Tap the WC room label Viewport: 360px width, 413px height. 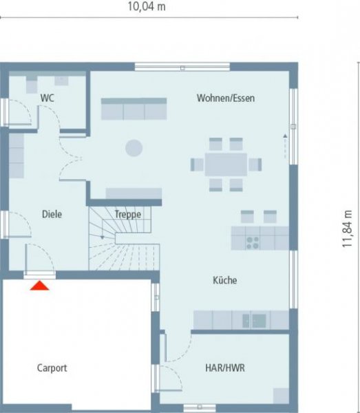tap(47, 98)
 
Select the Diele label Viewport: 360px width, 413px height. tap(52, 214)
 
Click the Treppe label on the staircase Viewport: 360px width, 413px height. tap(128, 214)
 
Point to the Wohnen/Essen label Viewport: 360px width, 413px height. tap(225, 98)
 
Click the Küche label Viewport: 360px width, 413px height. tap(224, 281)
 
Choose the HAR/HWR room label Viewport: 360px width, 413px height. tap(225, 368)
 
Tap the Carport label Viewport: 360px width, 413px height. tap(52, 368)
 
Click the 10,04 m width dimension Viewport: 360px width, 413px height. tap(147, 7)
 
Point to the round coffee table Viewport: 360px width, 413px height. tap(133, 147)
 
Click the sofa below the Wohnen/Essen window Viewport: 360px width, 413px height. tap(134, 109)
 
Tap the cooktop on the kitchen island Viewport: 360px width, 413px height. tap(253, 242)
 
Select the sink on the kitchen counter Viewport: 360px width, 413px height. tap(259, 320)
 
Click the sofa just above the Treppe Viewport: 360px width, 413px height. tap(134, 193)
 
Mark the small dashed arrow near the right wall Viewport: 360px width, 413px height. tap(284, 145)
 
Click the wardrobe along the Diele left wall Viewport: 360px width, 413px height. tap(17, 155)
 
